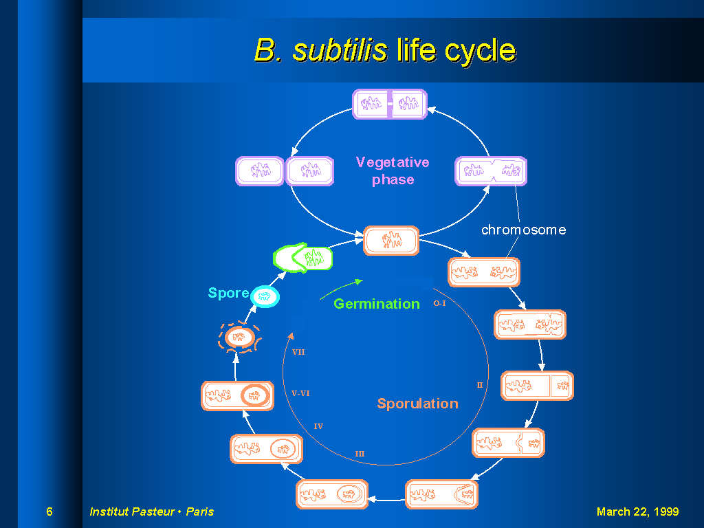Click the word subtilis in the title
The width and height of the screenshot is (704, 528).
340,49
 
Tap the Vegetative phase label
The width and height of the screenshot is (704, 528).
393,170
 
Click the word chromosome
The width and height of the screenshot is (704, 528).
523,230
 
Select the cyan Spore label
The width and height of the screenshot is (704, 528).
228,293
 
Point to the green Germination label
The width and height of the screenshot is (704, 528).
377,304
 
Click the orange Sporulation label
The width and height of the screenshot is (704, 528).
417,404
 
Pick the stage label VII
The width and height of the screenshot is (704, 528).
298,352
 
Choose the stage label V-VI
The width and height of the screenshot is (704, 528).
300,393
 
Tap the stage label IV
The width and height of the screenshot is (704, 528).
318,426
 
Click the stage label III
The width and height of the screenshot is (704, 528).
360,454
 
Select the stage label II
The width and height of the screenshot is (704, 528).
479,385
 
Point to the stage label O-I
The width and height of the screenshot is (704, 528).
439,303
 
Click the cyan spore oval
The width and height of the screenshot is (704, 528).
265,296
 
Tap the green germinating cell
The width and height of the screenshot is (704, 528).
303,258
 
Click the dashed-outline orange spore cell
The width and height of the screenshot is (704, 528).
239,337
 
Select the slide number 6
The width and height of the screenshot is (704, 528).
49,511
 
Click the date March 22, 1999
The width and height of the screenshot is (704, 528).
637,511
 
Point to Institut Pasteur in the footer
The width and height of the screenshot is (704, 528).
133,511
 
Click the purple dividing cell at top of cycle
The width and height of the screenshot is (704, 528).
390,104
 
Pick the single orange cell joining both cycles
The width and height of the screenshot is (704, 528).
391,241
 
